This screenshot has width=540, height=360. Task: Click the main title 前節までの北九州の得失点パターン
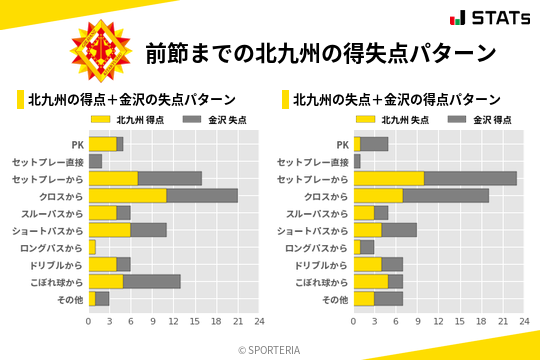coord(320,51)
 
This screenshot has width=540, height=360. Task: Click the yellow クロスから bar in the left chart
coord(127,195)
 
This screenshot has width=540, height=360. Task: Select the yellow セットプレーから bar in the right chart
coord(388,178)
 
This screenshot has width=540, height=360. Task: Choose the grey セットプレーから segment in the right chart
coord(470,178)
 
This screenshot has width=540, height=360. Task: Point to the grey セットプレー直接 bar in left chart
coord(95,161)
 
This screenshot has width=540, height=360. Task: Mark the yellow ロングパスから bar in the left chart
coord(92,246)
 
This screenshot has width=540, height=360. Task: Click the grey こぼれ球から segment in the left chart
coord(152,281)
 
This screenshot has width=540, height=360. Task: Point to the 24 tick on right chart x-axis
coord(524,321)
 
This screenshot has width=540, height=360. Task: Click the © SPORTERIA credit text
coord(270,349)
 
